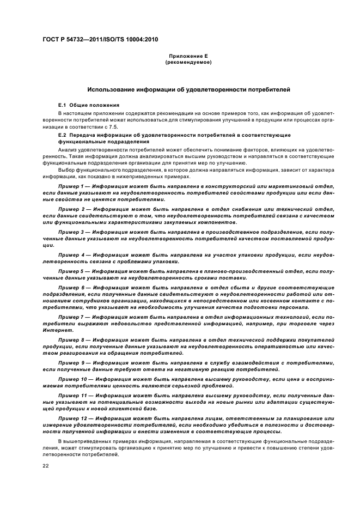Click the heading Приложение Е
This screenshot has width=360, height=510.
pos(188,57)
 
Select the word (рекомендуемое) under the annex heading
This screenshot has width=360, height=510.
pos(188,63)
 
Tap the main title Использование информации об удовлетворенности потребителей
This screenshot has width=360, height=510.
pos(189,88)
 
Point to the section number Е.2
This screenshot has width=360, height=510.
pos(62,134)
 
